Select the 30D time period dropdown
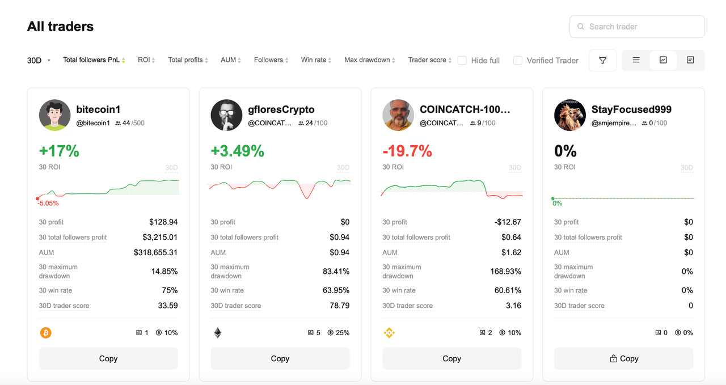tap(39, 60)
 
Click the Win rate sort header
tap(315, 60)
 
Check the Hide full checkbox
tap(462, 60)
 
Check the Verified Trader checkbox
tap(518, 60)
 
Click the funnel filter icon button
tap(603, 61)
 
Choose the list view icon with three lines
tap(636, 60)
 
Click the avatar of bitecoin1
tap(54, 115)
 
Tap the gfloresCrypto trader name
tap(281, 109)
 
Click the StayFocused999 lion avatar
tap(569, 115)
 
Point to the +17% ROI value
tap(59, 151)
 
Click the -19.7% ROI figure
tap(407, 151)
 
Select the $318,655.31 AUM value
tap(155, 252)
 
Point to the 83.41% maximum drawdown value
tap(336, 272)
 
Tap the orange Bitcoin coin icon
tap(45, 333)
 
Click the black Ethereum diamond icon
tap(217, 333)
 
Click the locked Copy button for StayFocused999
tap(623, 358)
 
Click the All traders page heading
tap(61, 27)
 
